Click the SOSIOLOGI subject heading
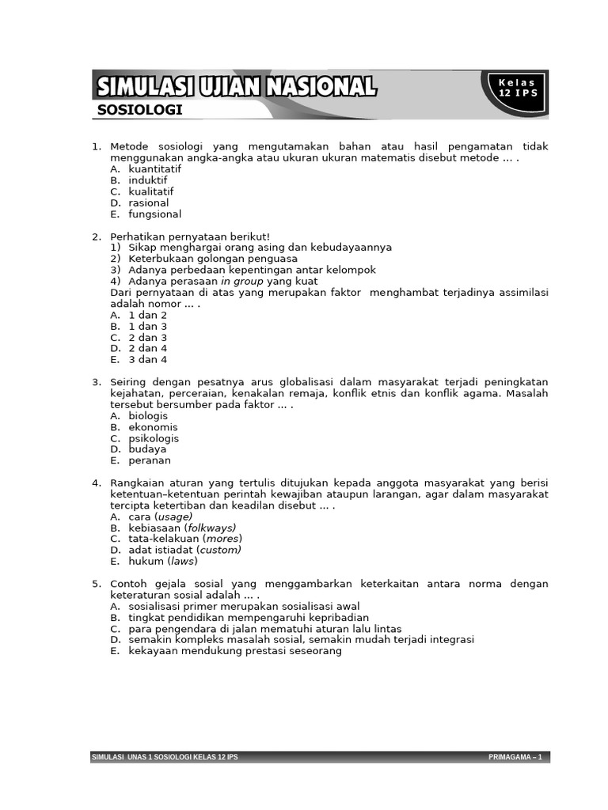tap(139, 110)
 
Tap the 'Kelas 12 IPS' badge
tap(516, 88)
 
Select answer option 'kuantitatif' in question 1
tap(154, 169)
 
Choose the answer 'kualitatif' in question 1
tap(150, 191)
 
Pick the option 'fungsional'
tap(154, 214)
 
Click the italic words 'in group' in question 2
tap(242, 281)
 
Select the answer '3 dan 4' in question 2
tap(147, 359)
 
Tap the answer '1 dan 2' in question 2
tap(147, 315)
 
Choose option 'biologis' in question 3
tap(148, 415)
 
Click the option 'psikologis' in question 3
tap(154, 438)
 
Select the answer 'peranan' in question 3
tap(149, 460)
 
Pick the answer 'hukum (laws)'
tap(162, 561)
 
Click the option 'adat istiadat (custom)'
tap(184, 550)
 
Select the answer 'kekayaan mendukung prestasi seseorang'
tap(234, 651)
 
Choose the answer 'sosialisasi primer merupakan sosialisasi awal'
tap(244, 606)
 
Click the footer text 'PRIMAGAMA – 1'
tap(515, 758)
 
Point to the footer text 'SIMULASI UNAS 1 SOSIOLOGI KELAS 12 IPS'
tap(165, 758)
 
